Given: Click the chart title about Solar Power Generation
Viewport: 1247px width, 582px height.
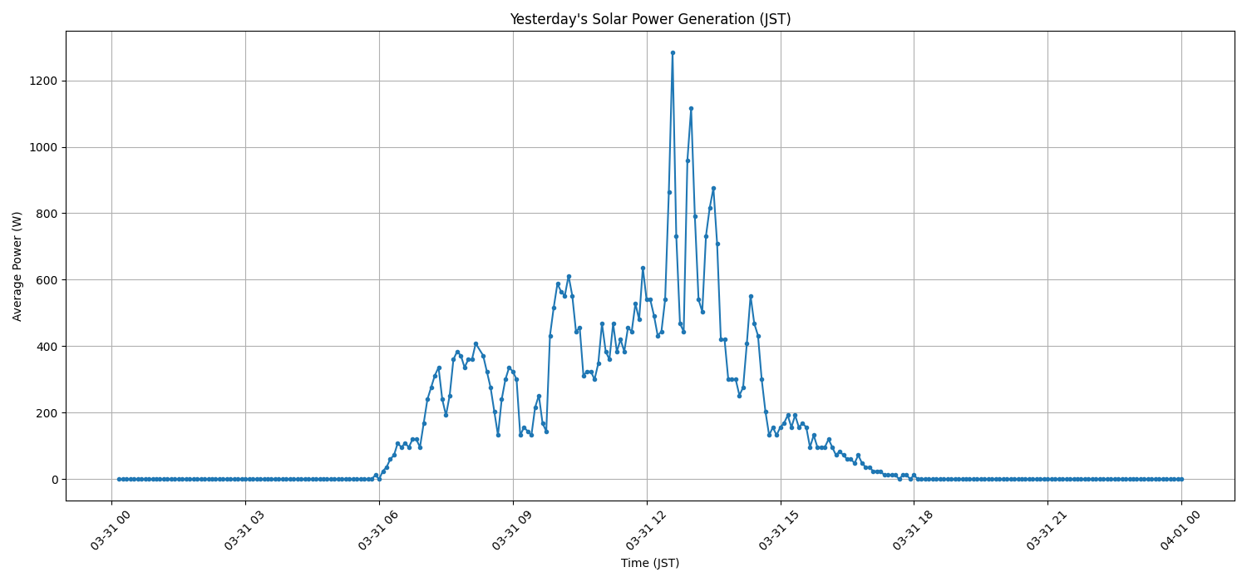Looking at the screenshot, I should pos(649,19).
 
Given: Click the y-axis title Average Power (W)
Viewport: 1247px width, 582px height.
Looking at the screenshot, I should pos(17,266).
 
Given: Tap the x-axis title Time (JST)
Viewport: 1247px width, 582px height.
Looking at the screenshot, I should pos(649,563).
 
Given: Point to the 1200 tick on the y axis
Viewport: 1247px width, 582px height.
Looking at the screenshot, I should pos(43,81).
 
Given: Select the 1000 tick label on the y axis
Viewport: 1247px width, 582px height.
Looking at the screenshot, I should pos(43,147).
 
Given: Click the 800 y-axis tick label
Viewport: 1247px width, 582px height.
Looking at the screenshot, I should pos(47,214).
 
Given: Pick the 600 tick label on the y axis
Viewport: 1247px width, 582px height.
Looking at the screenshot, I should pos(47,280).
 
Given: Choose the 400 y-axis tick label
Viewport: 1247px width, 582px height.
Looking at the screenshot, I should pos(47,347).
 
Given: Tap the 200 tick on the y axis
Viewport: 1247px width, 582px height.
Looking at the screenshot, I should pos(47,413).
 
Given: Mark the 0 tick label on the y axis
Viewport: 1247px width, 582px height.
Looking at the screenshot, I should pos(53,480).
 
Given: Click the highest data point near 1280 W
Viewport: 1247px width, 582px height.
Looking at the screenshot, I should pos(673,52).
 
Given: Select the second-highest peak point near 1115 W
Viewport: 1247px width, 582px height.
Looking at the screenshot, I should pos(691,108).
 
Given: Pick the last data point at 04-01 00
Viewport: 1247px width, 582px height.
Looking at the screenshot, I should pos(1181,479).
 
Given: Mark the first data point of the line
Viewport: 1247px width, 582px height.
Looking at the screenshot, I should pos(119,479).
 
